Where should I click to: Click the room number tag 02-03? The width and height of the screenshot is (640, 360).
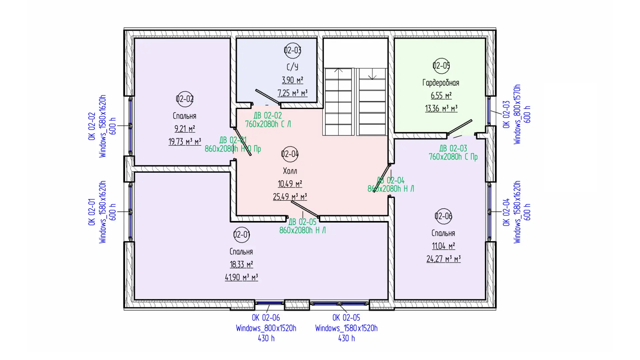292,50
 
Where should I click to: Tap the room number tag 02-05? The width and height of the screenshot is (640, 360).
441,66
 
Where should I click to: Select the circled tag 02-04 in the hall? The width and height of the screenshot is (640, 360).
290,154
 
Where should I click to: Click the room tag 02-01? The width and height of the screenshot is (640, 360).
242,235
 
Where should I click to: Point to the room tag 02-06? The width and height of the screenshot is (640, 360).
443,216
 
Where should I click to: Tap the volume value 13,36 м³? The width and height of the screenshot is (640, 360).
441,109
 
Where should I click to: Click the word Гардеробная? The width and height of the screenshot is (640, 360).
441,83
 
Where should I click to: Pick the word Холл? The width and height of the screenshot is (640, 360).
290,171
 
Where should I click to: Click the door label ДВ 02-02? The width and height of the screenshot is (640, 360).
268,116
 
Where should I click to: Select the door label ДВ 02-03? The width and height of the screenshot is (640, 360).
453,148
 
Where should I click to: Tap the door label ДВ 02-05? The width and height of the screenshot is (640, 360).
302,222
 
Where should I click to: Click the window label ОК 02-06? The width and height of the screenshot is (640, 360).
266,318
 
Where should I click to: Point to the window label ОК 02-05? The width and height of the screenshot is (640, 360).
346,318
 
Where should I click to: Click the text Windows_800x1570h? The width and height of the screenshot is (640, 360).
517,114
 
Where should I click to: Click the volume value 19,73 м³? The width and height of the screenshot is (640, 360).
185,142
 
